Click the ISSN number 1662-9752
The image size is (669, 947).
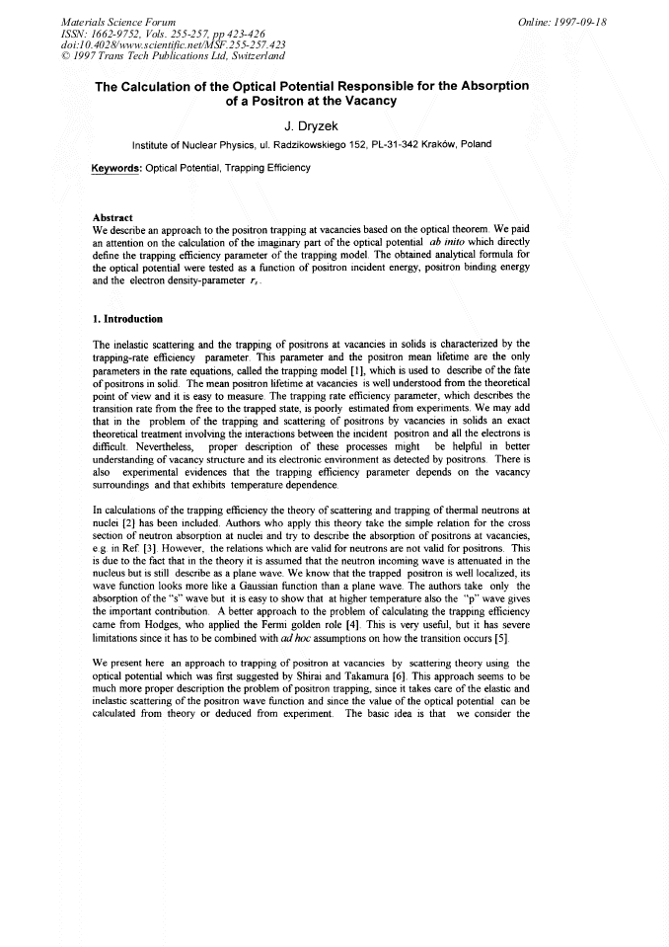[x=121, y=33]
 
